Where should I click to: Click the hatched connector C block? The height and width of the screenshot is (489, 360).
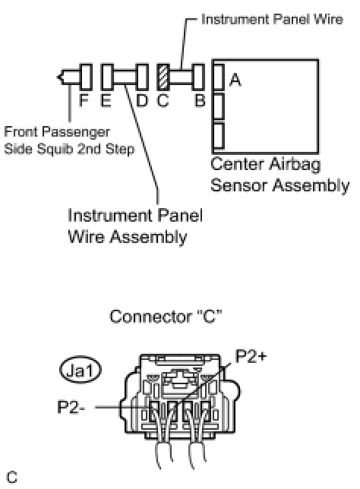point(163,77)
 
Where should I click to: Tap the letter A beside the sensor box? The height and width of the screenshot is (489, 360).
point(235,80)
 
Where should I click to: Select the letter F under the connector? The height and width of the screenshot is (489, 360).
point(84,100)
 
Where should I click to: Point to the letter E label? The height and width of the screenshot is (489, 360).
point(106,100)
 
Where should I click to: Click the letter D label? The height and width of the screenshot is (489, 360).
point(142,100)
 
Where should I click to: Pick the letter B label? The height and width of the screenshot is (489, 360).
point(200,100)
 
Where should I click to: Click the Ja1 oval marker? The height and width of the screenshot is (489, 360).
point(81,370)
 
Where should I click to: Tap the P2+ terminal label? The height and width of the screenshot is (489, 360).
point(251,356)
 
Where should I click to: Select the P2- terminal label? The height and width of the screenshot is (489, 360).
point(71,407)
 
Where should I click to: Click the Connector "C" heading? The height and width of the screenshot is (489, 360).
point(166,316)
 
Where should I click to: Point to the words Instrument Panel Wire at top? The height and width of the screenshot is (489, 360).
point(272,19)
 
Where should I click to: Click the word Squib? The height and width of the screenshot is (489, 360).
point(57,149)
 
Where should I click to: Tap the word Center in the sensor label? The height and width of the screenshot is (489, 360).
point(236,164)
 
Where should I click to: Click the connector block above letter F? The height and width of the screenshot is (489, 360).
point(86,77)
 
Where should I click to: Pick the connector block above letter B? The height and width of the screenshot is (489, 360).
point(198,77)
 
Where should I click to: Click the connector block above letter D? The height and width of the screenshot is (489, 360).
point(142,77)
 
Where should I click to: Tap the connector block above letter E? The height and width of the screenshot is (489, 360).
point(108,77)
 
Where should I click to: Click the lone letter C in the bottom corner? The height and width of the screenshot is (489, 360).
point(12,477)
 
